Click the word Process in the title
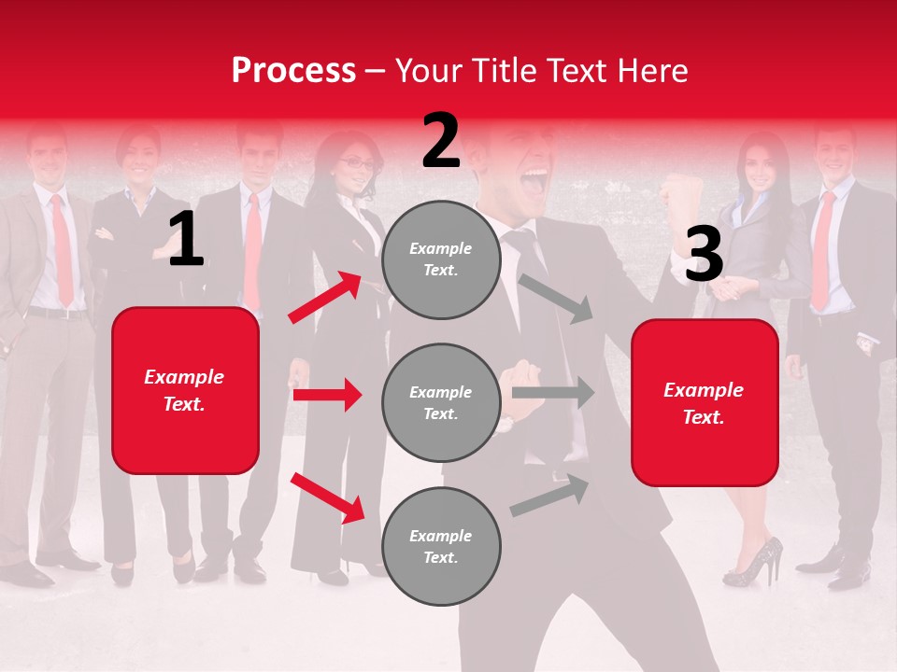point(293,70)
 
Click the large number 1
point(186,240)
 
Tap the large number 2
point(441,141)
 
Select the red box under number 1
point(185,390)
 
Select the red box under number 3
point(705,403)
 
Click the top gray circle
point(441,259)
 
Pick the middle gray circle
point(441,403)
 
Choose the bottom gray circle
point(441,547)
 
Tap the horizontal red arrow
point(327,395)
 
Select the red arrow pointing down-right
point(327,497)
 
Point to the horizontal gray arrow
point(553,393)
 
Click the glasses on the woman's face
point(356,163)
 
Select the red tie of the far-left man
point(62,247)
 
